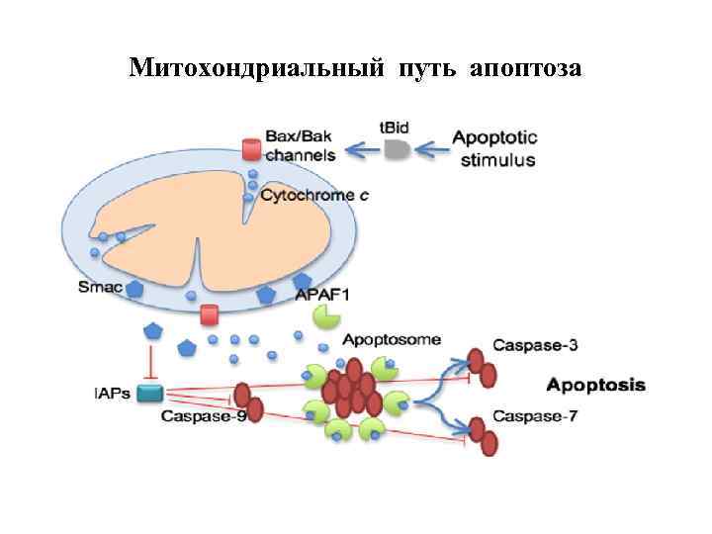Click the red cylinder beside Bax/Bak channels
(x=252, y=149)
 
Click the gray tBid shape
(x=396, y=148)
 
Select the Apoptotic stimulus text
(x=496, y=149)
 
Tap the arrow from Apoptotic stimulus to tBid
(x=432, y=149)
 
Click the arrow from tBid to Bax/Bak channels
(x=361, y=150)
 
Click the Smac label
(x=101, y=288)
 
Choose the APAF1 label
(x=322, y=294)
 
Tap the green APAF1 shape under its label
(x=326, y=317)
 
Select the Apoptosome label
(x=392, y=339)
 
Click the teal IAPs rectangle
(x=150, y=394)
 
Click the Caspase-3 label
(x=535, y=346)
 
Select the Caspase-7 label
(x=535, y=416)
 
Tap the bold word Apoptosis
(x=596, y=385)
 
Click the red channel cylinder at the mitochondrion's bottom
(x=209, y=314)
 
